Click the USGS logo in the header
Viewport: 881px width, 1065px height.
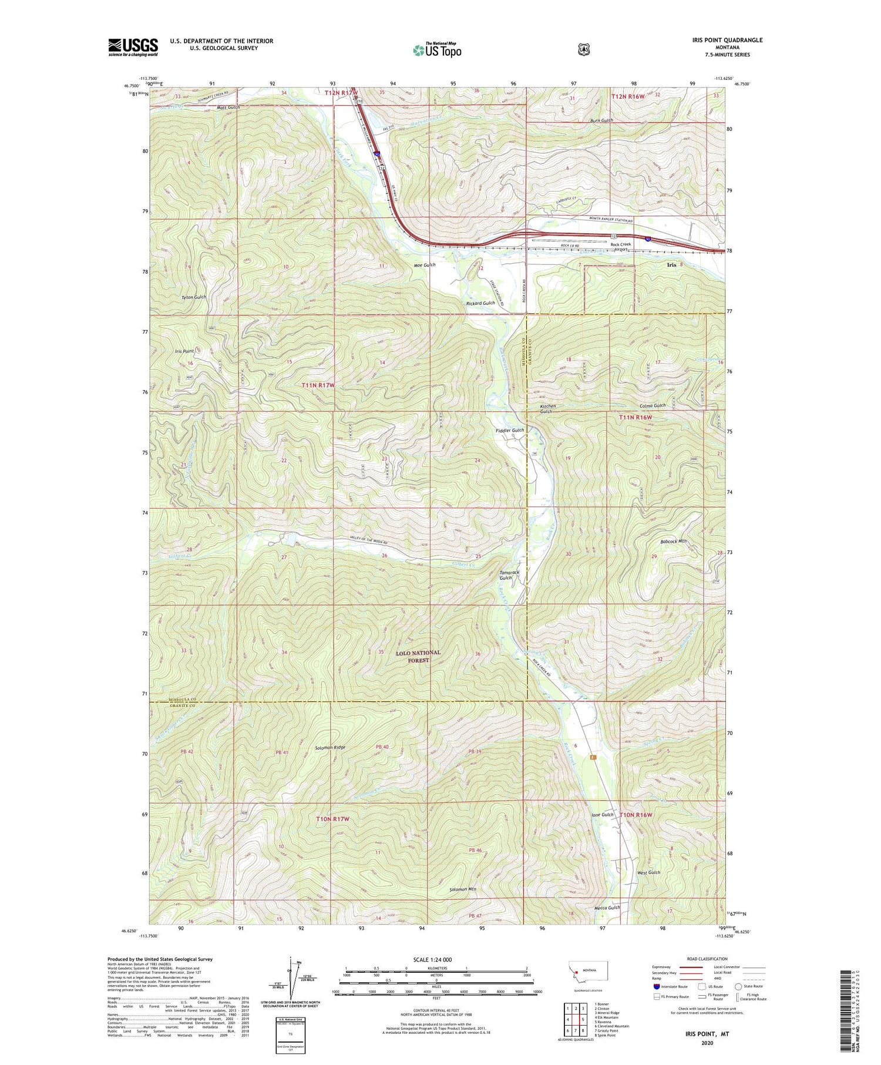click(133, 47)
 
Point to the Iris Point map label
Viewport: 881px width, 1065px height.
click(184, 351)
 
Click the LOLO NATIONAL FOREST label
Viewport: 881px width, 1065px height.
click(418, 656)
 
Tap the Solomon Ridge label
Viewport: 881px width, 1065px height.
click(330, 748)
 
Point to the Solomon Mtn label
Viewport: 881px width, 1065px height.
click(463, 889)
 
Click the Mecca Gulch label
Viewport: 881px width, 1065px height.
click(607, 908)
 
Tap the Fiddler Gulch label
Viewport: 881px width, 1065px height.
click(509, 431)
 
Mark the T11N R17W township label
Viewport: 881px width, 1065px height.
click(318, 385)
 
